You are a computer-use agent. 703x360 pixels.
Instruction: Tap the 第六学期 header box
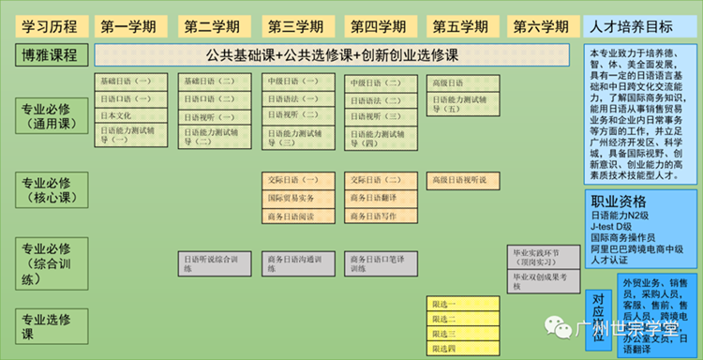[x=541, y=25]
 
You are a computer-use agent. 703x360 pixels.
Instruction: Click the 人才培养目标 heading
[x=639, y=25]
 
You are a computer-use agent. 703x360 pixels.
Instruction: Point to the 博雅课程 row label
[x=50, y=54]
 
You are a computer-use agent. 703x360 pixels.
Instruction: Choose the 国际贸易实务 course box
[x=293, y=198]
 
